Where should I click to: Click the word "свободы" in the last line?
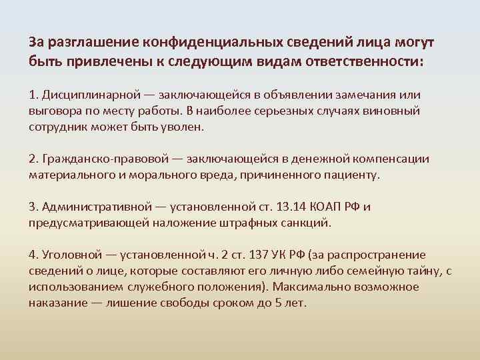(187, 301)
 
